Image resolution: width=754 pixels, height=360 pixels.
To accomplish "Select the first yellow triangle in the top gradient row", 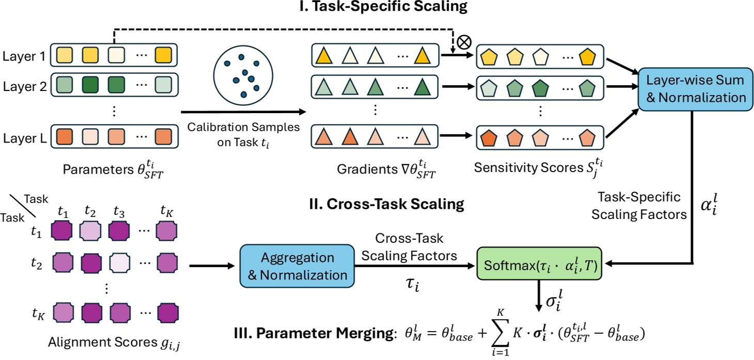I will click(x=326, y=55).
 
